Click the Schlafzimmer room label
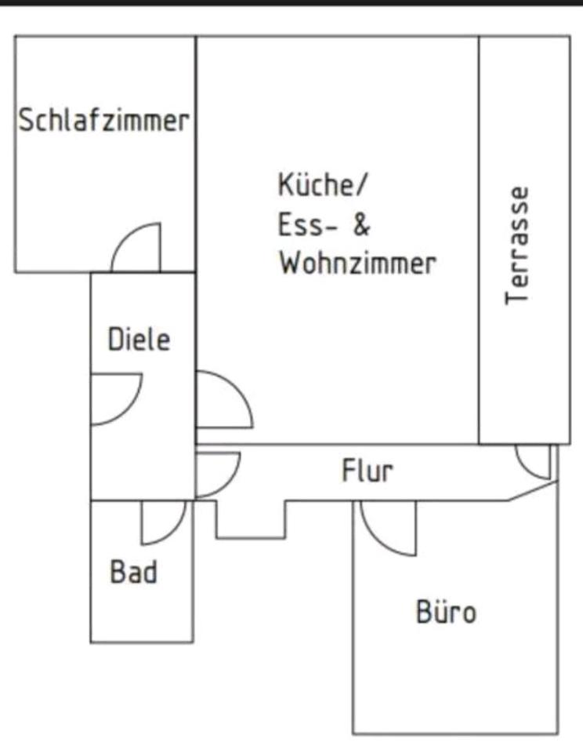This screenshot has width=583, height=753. pyautogui.click(x=104, y=121)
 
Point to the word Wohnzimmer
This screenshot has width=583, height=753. pyautogui.click(x=357, y=263)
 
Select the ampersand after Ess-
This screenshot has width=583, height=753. pyautogui.click(x=360, y=225)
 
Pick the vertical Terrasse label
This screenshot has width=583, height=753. pyautogui.click(x=517, y=245)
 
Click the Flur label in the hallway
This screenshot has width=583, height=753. pyautogui.click(x=367, y=471)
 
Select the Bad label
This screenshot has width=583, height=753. pyautogui.click(x=133, y=571)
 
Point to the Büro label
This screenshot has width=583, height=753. pyautogui.click(x=445, y=611)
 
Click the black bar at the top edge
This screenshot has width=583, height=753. pyautogui.click(x=291, y=3)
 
